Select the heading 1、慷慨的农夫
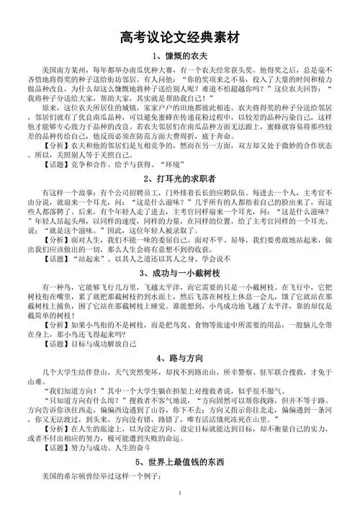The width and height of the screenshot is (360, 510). tap(180, 56)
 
